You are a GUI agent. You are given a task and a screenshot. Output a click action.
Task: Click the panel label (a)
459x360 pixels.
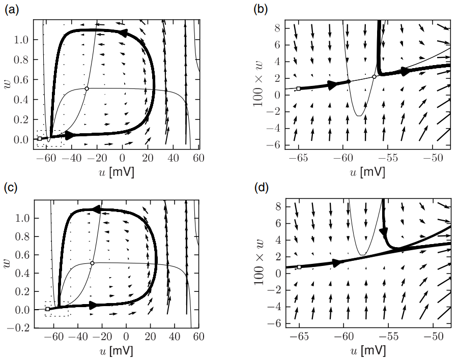point(11,9)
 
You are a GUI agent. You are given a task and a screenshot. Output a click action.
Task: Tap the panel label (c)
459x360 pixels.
point(11,188)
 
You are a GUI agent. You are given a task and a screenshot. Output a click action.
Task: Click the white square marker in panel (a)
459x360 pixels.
point(40,138)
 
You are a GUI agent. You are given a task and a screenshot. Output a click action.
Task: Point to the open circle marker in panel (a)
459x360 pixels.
point(87,88)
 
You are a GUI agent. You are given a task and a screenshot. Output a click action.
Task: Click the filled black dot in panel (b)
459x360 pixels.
point(349,81)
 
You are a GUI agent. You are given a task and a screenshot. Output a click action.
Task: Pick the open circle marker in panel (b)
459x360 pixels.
point(374,77)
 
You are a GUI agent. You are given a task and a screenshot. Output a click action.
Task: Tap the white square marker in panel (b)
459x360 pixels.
point(299,88)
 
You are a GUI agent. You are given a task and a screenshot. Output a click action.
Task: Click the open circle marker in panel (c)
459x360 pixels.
point(92,263)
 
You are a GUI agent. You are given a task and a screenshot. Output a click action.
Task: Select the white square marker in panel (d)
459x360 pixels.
point(299,267)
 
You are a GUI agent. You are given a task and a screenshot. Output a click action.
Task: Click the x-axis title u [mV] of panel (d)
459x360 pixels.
point(367,351)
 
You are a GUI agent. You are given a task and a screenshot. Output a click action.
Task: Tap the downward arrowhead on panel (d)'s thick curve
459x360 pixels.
point(384,231)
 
